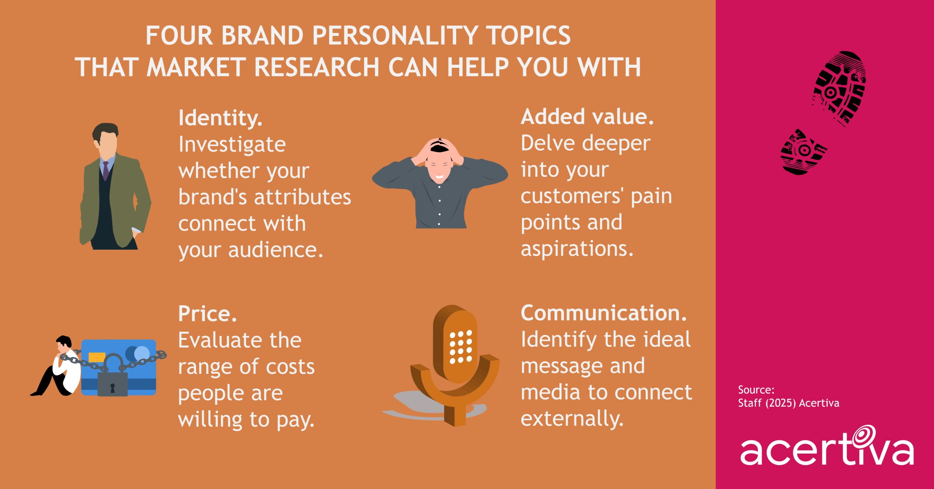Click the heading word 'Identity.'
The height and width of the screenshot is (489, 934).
click(x=220, y=119)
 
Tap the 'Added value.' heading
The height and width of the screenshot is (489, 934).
click(x=587, y=117)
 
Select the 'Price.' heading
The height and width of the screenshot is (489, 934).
click(x=207, y=314)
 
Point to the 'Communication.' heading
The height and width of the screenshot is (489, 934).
click(x=604, y=313)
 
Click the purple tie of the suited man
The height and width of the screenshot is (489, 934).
click(x=106, y=170)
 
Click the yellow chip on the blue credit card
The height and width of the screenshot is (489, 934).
click(x=97, y=357)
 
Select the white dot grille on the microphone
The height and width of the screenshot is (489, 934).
click(x=460, y=347)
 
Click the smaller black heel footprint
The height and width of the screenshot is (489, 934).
click(x=802, y=152)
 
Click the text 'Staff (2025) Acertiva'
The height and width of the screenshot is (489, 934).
click(x=788, y=403)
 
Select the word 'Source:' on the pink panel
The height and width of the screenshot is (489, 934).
click(x=756, y=390)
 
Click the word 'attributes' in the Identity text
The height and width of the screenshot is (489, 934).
click(x=302, y=197)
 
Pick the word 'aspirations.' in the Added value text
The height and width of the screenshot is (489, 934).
click(x=577, y=249)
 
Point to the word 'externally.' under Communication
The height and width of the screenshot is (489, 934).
click(x=572, y=419)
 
